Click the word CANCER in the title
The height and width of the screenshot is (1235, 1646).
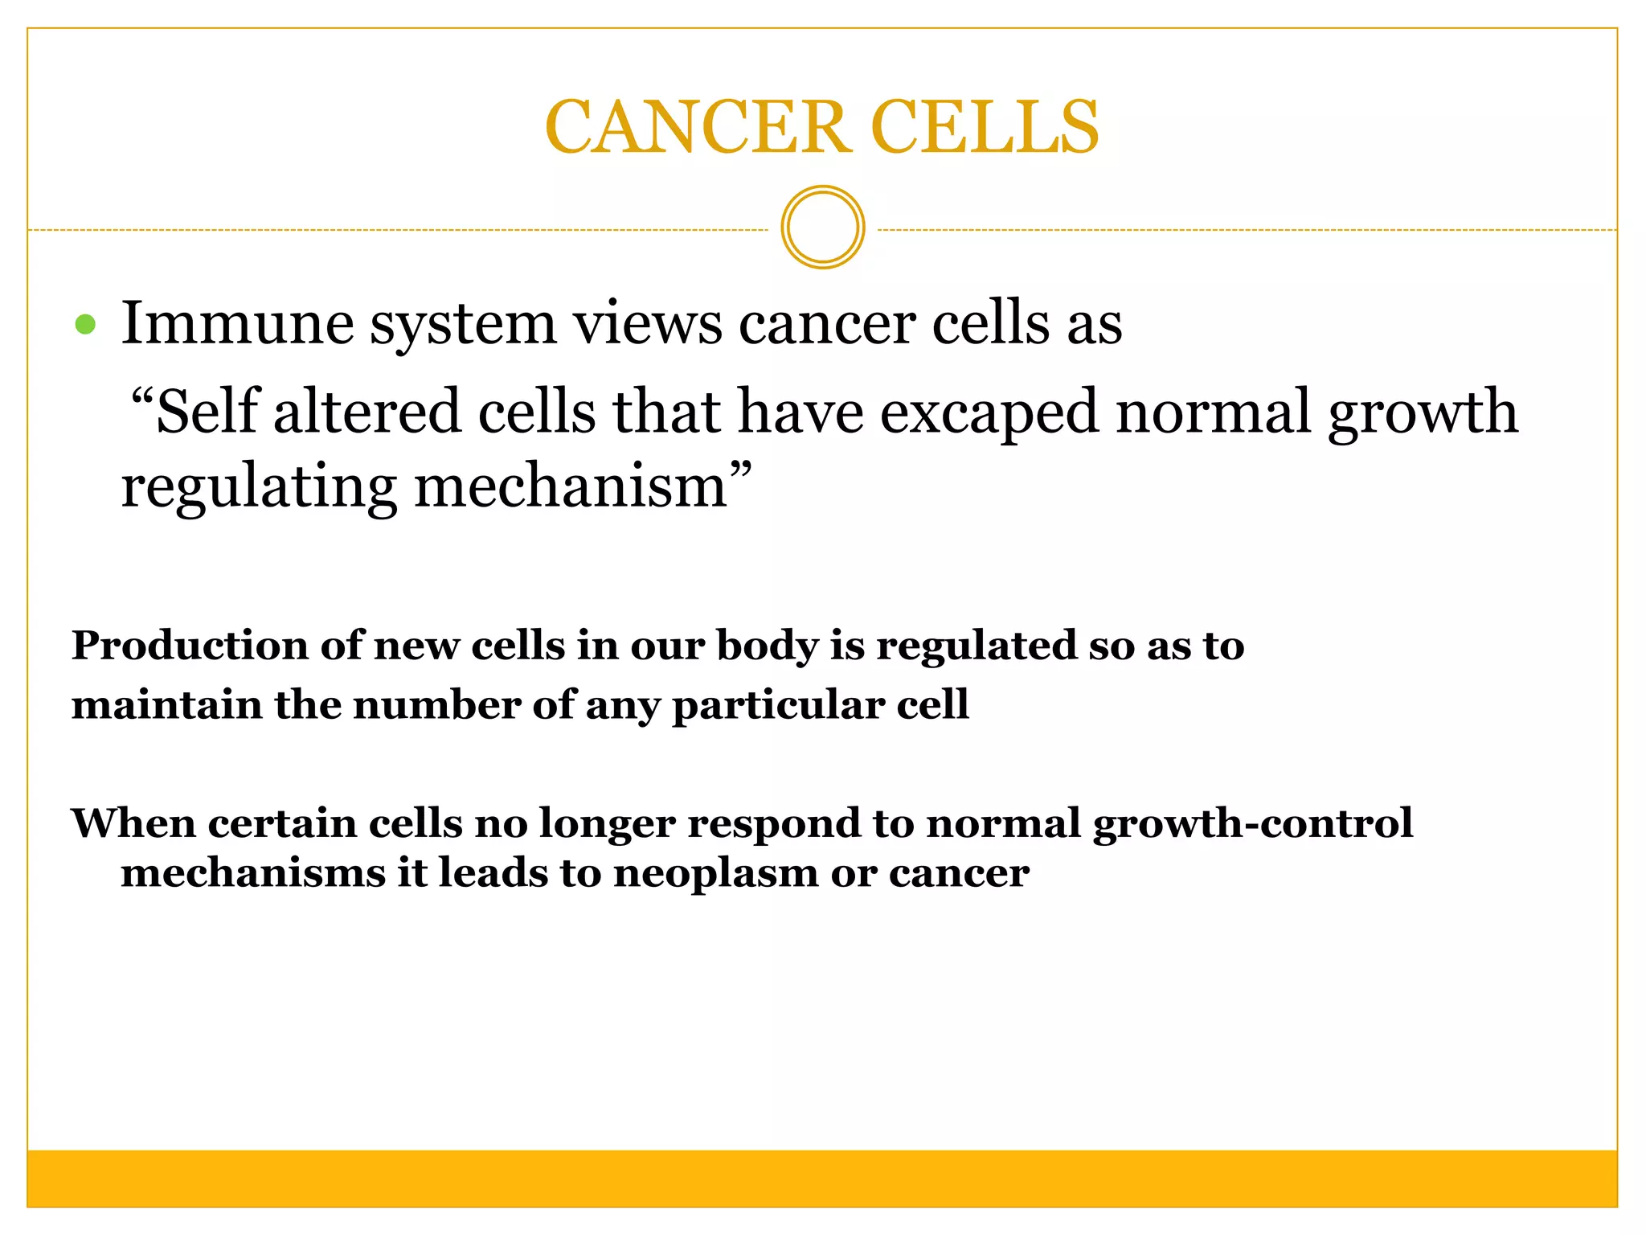(x=697, y=127)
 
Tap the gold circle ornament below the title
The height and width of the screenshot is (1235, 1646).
(x=822, y=228)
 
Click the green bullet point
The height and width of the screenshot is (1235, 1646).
(x=85, y=325)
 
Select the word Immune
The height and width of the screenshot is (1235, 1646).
(x=237, y=323)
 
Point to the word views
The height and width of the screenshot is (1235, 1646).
(x=647, y=323)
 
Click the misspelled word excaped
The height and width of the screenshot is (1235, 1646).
(x=989, y=412)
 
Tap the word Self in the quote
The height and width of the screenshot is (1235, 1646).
(x=207, y=411)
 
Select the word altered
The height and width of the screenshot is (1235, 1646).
(x=367, y=411)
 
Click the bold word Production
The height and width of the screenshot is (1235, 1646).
(x=190, y=646)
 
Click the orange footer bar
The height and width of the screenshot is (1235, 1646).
(x=822, y=1178)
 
